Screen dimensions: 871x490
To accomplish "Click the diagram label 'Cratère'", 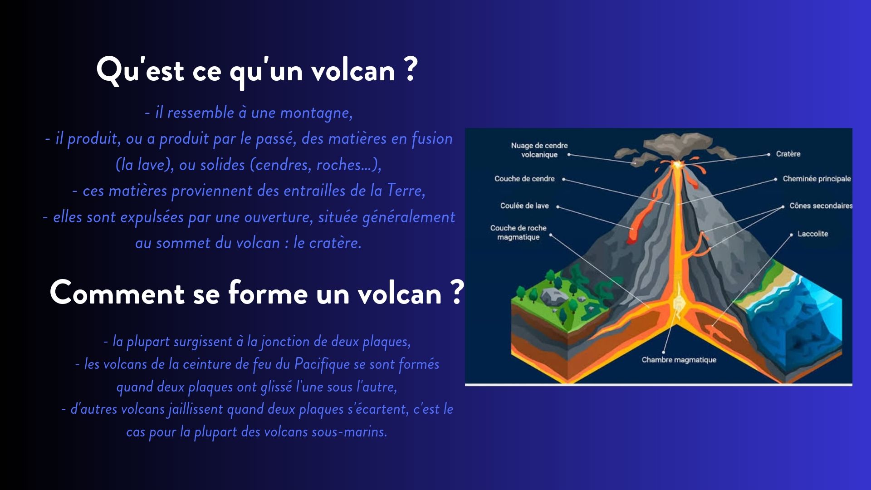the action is pos(788,154).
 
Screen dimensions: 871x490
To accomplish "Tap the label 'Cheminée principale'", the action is pos(817,179).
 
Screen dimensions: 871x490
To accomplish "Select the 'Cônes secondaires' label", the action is pos(821,206).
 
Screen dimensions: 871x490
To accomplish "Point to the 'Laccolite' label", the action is pos(812,234).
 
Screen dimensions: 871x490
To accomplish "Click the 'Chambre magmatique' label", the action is pos(679,360).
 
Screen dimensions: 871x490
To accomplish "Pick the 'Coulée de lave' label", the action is pos(524,206).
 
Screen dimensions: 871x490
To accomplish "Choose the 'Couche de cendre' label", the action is pos(524,179).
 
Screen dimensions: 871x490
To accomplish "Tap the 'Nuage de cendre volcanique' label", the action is pos(539,150).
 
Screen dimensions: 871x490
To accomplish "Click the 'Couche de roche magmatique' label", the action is pos(518,232).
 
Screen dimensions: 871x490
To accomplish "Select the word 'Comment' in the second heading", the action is pos(117,293).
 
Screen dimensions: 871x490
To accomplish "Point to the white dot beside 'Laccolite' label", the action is pos(792,235).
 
